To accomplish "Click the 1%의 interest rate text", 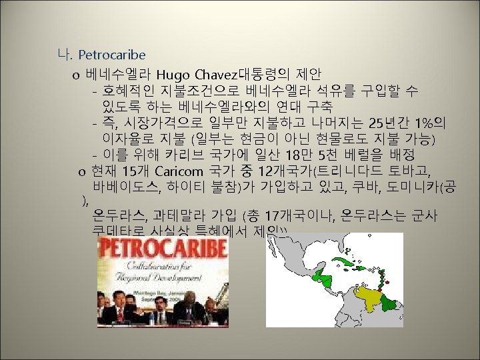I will click(430, 123).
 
